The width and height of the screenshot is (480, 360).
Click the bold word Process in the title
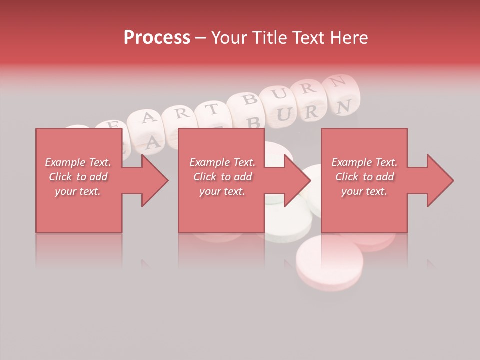coord(157,38)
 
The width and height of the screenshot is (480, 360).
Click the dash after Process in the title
coord(201,38)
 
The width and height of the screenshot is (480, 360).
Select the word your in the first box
coord(65,191)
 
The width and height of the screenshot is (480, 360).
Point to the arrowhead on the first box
coord(154,180)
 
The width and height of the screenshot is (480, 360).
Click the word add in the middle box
coord(242,177)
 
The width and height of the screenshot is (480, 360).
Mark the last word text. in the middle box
coord(233,191)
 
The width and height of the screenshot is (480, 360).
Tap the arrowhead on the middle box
coord(297,180)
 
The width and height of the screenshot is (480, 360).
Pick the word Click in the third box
coord(346,177)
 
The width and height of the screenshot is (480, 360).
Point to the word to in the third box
coord(367,177)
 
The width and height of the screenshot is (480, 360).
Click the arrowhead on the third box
coord(440,180)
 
